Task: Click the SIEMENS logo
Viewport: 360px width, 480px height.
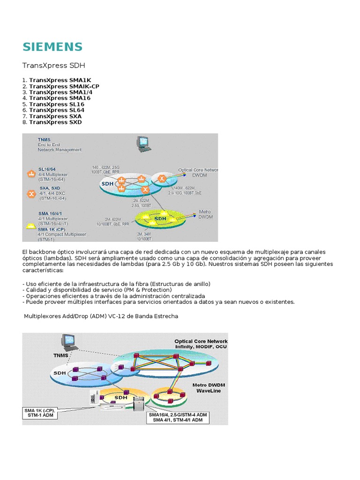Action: (x=52, y=46)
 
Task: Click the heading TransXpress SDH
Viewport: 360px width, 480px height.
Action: (x=54, y=65)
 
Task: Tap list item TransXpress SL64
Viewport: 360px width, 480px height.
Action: (x=52, y=110)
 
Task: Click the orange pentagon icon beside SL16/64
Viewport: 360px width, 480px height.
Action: (x=31, y=173)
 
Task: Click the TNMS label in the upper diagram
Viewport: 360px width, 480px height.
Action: (x=45, y=139)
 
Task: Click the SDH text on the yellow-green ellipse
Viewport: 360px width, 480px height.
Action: (x=160, y=218)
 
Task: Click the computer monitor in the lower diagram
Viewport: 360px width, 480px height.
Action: (x=71, y=343)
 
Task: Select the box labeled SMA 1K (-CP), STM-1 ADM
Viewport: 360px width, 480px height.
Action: (x=40, y=413)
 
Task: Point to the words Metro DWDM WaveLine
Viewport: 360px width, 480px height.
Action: (x=209, y=388)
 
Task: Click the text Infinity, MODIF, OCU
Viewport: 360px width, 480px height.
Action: (x=201, y=347)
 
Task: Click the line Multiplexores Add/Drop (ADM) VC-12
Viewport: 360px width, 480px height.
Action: (x=101, y=316)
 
